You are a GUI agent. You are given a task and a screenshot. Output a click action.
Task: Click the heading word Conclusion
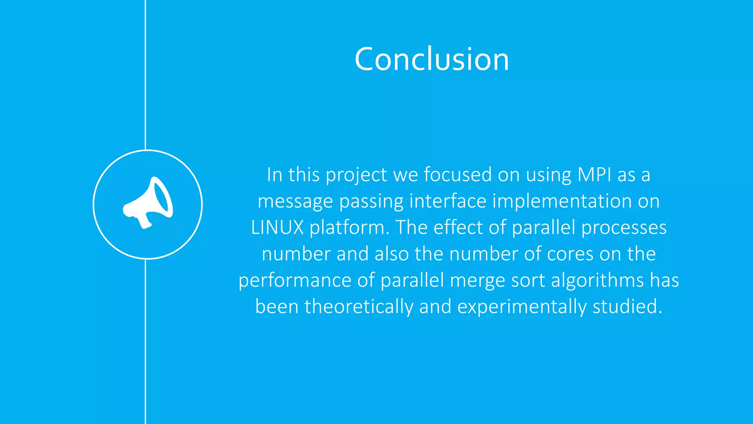[432, 59]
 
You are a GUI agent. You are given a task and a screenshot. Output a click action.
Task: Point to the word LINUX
[277, 227]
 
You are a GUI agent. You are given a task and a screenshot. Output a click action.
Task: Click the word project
[356, 175]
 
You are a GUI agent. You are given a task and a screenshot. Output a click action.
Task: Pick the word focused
[457, 174]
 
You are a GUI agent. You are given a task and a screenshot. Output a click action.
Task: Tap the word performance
[295, 281]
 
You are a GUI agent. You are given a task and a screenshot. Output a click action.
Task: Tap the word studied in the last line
[627, 307]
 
